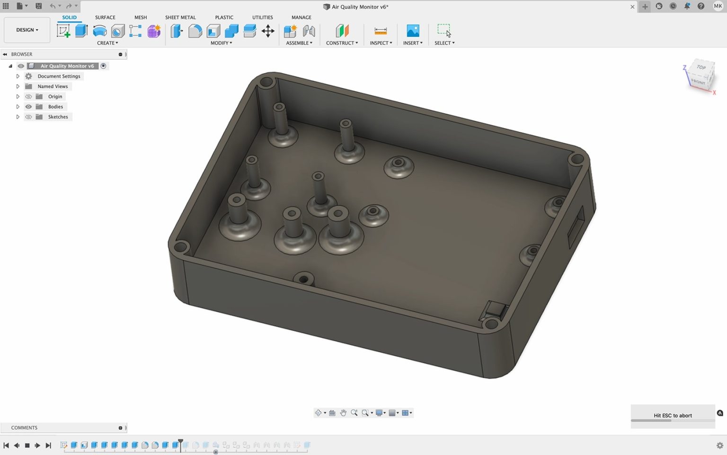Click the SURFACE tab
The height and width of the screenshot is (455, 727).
(x=105, y=17)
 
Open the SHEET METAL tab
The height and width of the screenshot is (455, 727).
(x=180, y=17)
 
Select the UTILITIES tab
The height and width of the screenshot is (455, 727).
(x=262, y=17)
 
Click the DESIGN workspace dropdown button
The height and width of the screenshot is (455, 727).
(x=27, y=30)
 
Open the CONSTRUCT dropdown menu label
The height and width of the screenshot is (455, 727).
(x=342, y=43)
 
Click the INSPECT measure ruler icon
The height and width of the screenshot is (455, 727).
(x=381, y=31)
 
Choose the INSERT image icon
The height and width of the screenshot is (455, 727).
(x=413, y=31)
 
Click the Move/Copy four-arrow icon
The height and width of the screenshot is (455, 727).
(x=268, y=31)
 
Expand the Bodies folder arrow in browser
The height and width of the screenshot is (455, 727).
(x=18, y=107)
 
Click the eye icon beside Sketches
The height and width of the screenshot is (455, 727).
(x=28, y=117)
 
